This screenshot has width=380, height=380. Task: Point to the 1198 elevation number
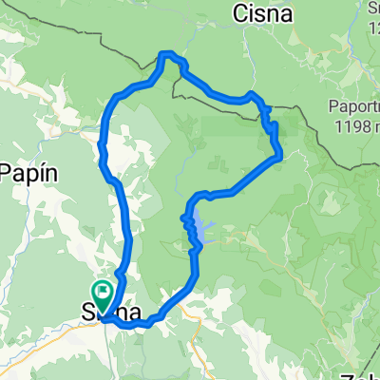[x=353, y=123]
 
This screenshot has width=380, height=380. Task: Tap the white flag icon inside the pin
[x=102, y=289]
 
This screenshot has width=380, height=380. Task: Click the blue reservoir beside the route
[x=201, y=230]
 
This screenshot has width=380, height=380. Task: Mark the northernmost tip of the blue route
[x=166, y=53]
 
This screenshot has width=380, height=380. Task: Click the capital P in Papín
[x=8, y=174]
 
